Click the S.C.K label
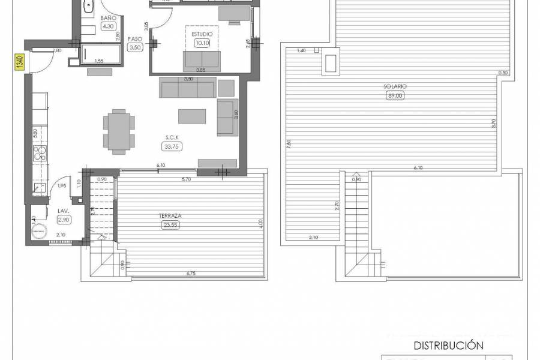(x=170, y=137)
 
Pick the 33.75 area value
(x=170, y=146)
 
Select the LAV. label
(x=62, y=212)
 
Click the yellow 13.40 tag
(x=19, y=62)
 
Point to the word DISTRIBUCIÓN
(x=449, y=345)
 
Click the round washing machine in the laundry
(x=40, y=231)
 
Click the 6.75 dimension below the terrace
(x=191, y=274)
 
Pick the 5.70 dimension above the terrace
(x=187, y=179)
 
